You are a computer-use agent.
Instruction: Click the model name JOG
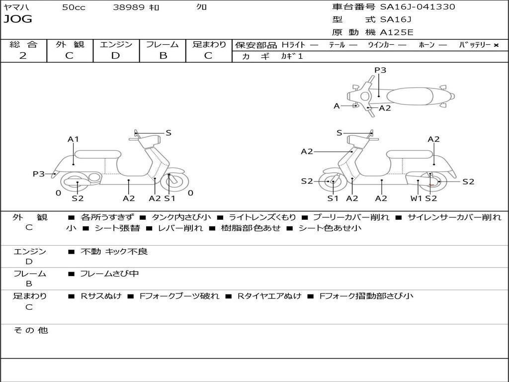(18, 19)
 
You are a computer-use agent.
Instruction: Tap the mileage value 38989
(129, 7)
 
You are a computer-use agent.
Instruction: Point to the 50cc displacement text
(74, 7)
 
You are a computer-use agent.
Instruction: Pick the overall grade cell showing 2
(23, 56)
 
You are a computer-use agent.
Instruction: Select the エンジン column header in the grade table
(116, 45)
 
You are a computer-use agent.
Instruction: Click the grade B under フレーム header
(163, 56)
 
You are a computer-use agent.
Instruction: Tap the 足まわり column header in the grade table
(209, 45)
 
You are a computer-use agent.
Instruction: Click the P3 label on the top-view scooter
(380, 70)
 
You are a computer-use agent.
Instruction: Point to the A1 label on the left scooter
(74, 139)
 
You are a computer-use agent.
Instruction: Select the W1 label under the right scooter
(416, 198)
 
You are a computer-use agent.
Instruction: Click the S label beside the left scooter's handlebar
(169, 133)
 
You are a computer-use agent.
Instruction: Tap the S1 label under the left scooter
(170, 198)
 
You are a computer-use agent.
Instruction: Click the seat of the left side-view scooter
(98, 154)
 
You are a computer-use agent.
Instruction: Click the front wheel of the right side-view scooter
(332, 182)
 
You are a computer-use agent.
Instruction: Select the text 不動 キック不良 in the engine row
(114, 252)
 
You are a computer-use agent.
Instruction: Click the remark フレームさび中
(109, 274)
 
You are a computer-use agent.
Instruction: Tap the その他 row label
(30, 330)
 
